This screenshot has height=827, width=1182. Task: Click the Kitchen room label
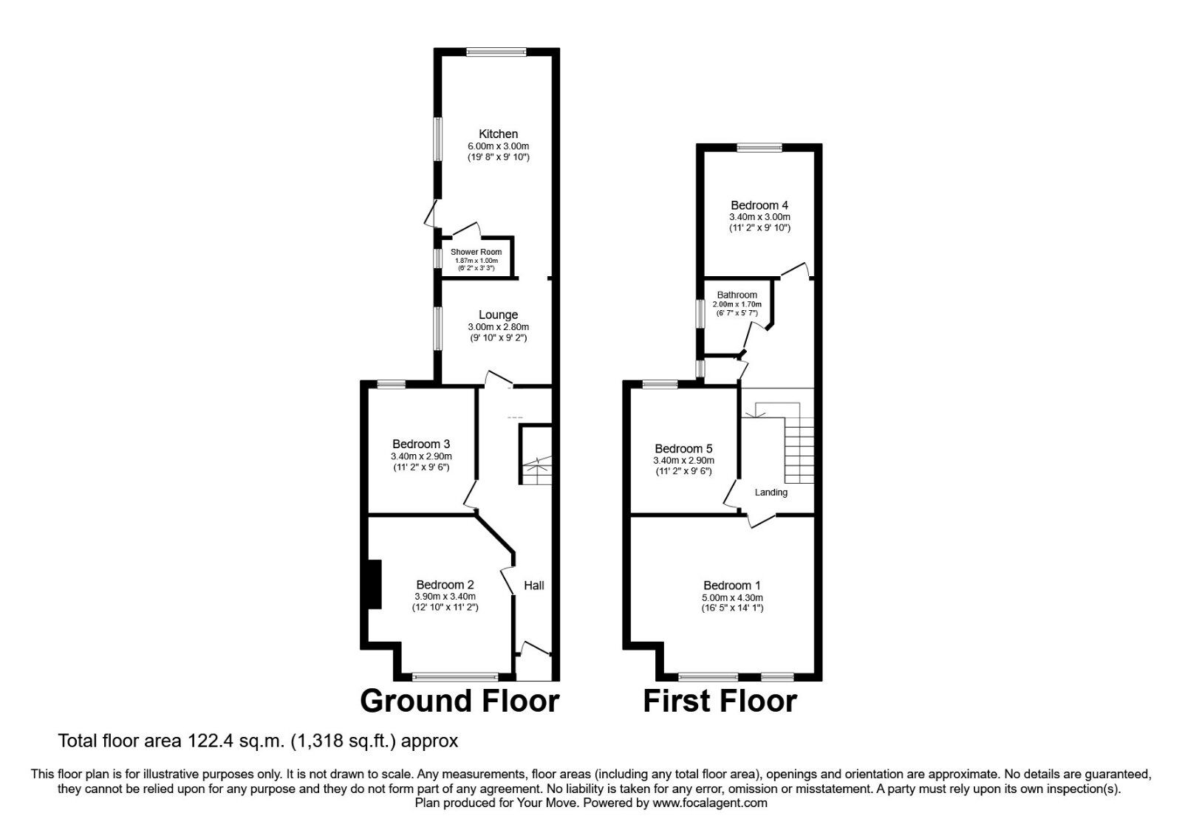tap(498, 134)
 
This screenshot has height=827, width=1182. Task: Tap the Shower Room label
tap(476, 252)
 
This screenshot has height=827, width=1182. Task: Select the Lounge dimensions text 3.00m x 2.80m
tap(498, 327)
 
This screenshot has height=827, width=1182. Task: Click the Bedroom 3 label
tap(421, 444)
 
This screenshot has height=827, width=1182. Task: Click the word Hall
tap(533, 586)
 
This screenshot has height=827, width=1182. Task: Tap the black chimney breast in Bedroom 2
tap(375, 584)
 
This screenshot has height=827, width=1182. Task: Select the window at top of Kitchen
tap(496, 52)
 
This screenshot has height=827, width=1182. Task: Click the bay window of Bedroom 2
tap(456, 676)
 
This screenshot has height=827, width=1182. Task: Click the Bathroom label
tap(737, 295)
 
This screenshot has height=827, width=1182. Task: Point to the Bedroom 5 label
tap(683, 449)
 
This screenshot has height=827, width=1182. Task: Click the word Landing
tap(771, 493)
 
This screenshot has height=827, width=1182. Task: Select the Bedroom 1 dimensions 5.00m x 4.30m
tap(732, 598)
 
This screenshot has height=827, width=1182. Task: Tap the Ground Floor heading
tap(460, 701)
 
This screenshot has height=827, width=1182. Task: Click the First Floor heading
tap(720, 701)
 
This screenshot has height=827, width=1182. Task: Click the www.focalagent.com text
tap(710, 803)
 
